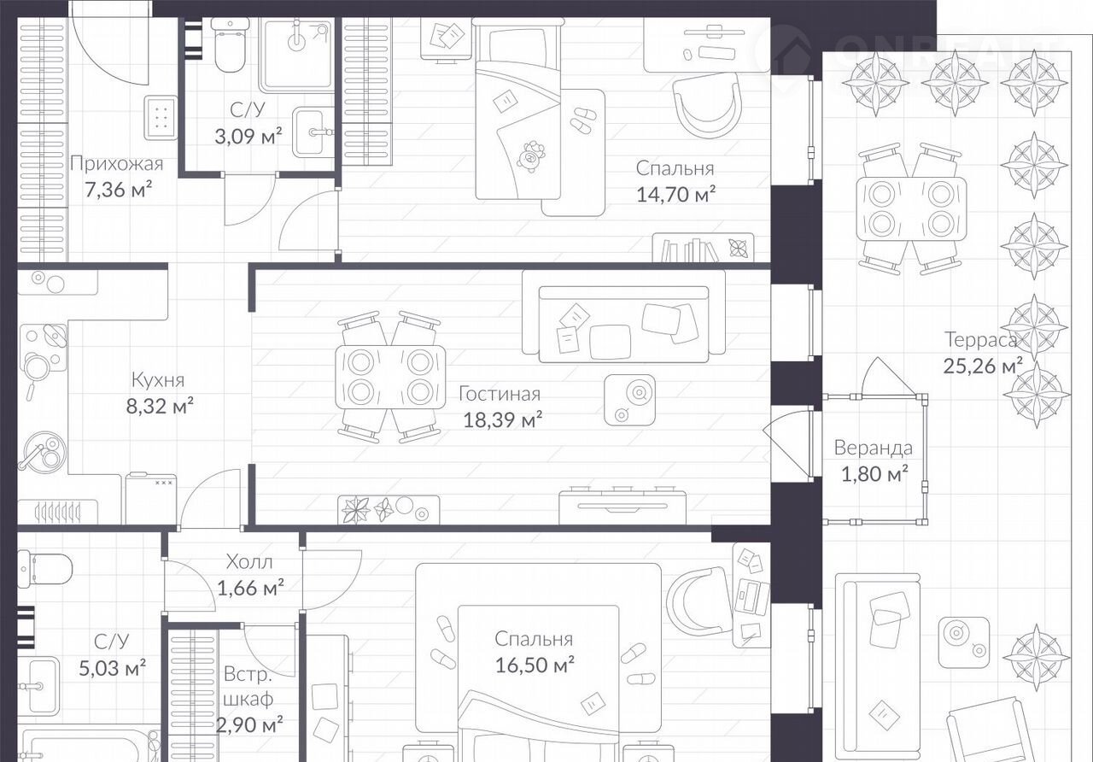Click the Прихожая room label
[117, 163]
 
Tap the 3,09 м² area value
[248, 136]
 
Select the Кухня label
[158, 380]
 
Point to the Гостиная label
[500, 394]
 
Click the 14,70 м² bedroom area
[675, 194]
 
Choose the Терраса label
[981, 339]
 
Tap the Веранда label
[873, 448]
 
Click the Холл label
[249, 562]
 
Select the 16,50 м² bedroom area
[535, 665]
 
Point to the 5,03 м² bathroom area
[112, 668]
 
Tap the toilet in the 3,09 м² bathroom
[231, 45]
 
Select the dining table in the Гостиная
[390, 377]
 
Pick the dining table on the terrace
[911, 208]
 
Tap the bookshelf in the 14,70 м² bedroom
[703, 248]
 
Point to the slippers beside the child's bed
[582, 120]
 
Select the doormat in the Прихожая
[161, 118]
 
